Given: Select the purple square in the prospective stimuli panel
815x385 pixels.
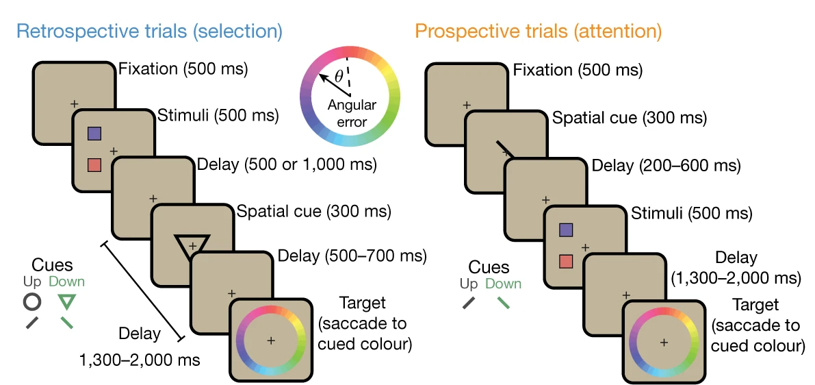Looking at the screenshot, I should pyautogui.click(x=565, y=230).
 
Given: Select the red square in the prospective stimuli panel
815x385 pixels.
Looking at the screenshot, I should pyautogui.click(x=565, y=261).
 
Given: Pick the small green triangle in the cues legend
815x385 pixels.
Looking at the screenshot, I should pyautogui.click(x=66, y=301).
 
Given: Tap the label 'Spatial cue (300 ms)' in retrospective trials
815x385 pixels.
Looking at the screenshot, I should pyautogui.click(x=313, y=211).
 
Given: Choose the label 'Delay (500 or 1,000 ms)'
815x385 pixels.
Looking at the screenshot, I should pyautogui.click(x=286, y=165).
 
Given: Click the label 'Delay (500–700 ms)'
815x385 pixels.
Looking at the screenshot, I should pyautogui.click(x=352, y=257).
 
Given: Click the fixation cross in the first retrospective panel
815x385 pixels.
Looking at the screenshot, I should pyautogui.click(x=74, y=103).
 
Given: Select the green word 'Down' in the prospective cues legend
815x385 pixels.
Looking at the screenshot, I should pyautogui.click(x=503, y=284).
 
